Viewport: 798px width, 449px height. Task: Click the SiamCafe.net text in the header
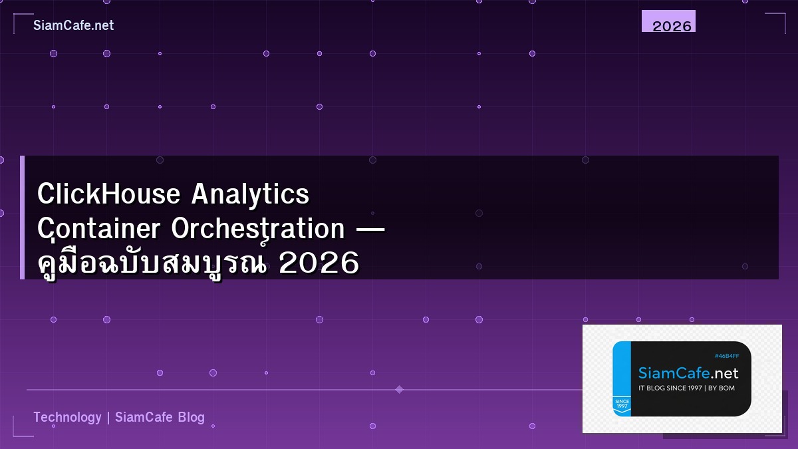tap(73, 25)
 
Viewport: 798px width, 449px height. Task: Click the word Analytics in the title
tap(251, 194)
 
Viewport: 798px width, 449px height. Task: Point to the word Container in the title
tap(100, 229)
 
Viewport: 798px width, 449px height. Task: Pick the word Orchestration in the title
tap(258, 229)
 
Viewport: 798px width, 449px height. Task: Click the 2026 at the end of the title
tap(319, 264)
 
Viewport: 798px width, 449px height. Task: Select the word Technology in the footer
tap(67, 417)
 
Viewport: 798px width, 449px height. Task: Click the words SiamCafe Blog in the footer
tap(160, 417)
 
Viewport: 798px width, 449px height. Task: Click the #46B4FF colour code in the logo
tap(727, 357)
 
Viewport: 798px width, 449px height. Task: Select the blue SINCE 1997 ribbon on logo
tap(622, 404)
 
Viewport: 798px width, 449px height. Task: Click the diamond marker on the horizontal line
tap(399, 389)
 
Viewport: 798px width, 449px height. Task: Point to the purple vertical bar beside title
tap(22, 218)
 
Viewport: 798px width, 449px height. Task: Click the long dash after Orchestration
tap(370, 230)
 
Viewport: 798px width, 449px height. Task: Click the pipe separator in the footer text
tap(108, 417)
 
